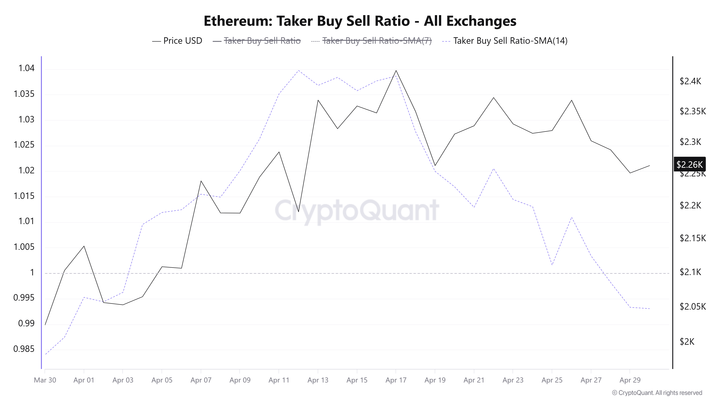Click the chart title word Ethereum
pyautogui.click(x=238, y=21)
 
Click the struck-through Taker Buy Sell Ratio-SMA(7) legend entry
pyautogui.click(x=377, y=41)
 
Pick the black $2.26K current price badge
pyautogui.click(x=689, y=164)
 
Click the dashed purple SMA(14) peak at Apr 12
pyautogui.click(x=298, y=70)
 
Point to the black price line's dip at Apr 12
pyautogui.click(x=298, y=211)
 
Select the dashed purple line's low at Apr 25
pyautogui.click(x=552, y=265)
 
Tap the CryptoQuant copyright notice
pyautogui.click(x=657, y=393)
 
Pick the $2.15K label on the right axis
pyautogui.click(x=692, y=238)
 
